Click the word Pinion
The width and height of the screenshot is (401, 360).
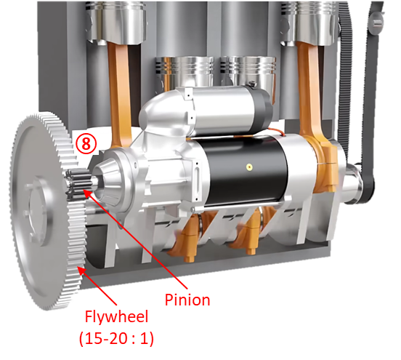(187, 300)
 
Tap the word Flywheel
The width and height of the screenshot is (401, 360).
(117, 317)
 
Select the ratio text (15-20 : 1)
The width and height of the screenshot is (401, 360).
(116, 338)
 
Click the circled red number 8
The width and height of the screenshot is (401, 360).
(86, 144)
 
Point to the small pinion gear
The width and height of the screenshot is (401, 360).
(77, 184)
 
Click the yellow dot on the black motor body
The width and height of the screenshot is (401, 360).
(248, 167)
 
